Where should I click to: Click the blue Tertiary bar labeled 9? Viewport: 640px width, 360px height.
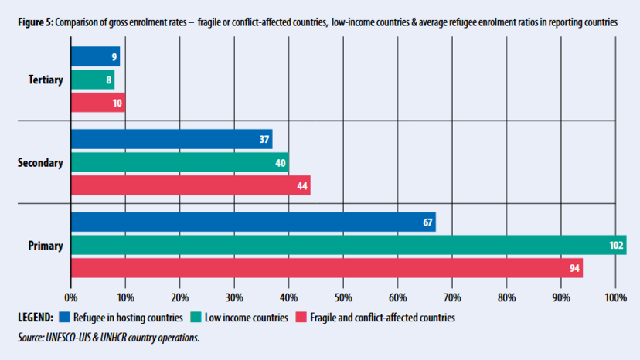[x=95, y=56]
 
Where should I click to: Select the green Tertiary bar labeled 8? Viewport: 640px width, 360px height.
[x=92, y=80]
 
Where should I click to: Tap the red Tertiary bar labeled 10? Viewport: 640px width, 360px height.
[x=97, y=102]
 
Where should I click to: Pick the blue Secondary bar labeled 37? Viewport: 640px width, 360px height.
[x=171, y=139]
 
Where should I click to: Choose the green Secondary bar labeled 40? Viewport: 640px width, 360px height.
[x=179, y=162]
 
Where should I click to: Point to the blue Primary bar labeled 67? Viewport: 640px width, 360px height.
[x=253, y=222]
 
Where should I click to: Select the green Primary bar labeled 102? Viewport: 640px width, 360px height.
[x=348, y=245]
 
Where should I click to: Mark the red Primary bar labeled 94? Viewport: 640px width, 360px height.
[x=326, y=267]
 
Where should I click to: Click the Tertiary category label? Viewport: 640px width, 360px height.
[x=45, y=80]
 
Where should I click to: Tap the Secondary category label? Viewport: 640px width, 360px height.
[x=40, y=162]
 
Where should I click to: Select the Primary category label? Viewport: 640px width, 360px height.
[x=46, y=246]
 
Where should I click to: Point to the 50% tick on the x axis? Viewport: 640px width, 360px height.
[x=343, y=297]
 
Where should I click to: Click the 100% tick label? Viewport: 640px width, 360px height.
[x=615, y=297]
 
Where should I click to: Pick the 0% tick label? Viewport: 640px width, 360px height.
[x=71, y=297]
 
